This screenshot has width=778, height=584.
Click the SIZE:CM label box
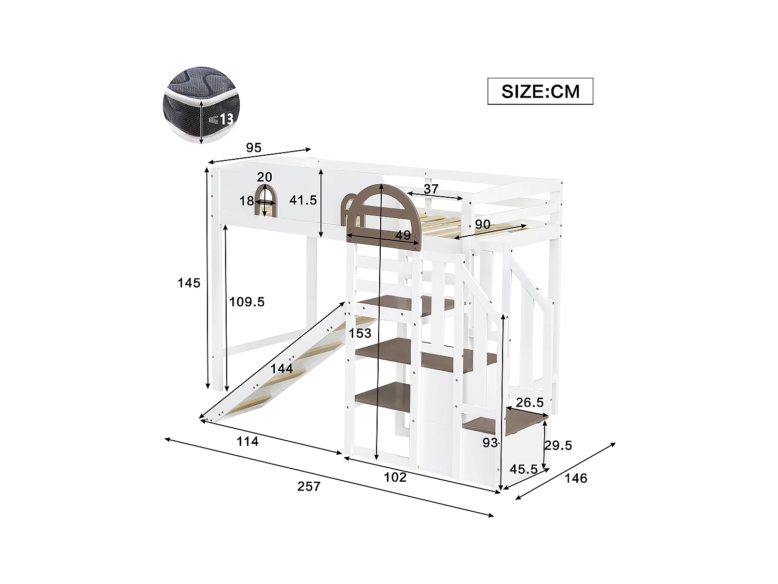[x=540, y=91]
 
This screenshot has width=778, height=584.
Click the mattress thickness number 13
[x=226, y=119]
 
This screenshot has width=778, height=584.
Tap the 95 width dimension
[x=253, y=148]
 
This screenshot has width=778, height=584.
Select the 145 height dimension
[x=189, y=283]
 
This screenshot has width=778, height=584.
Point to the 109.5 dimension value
[x=247, y=302]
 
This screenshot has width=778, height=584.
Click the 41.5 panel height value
[x=303, y=200]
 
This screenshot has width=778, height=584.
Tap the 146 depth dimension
[x=576, y=478]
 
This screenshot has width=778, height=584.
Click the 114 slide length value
[x=247, y=441]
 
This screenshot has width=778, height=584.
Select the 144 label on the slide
[x=282, y=369]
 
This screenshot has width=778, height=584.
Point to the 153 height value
[x=360, y=333]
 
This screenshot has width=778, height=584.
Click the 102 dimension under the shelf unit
[x=395, y=477]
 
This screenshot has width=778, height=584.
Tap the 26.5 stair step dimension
[x=530, y=402]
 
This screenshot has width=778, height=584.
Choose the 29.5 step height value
[x=558, y=445]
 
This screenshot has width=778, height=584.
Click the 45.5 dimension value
[x=523, y=469]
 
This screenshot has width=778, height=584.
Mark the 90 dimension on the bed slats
[x=482, y=225]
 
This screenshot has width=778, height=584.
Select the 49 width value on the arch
[x=403, y=235]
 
